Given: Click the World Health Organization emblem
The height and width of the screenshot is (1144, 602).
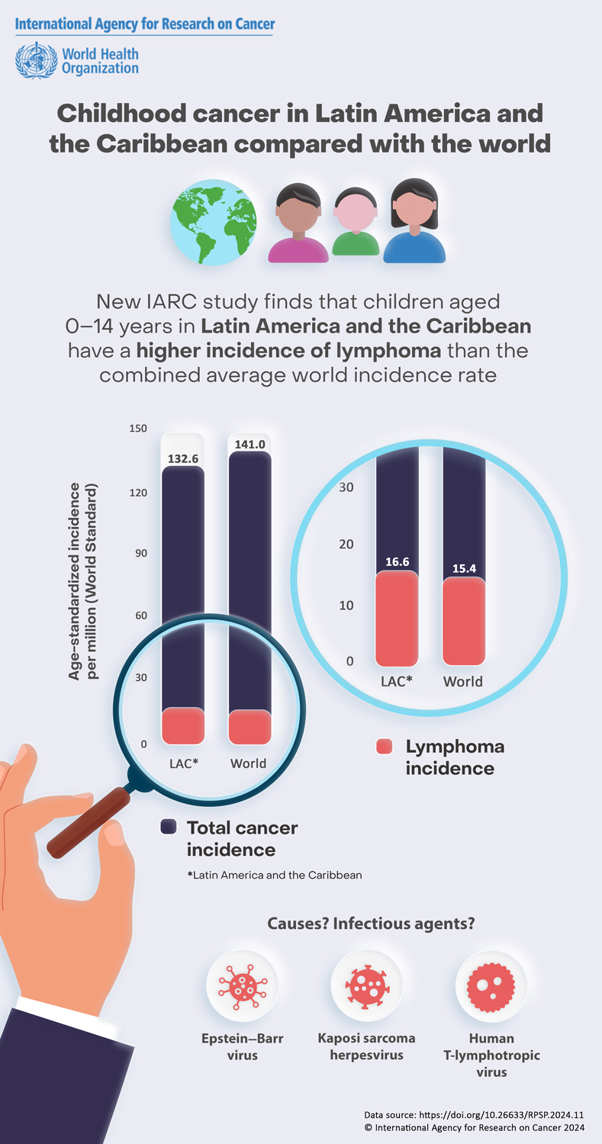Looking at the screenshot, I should (37, 60).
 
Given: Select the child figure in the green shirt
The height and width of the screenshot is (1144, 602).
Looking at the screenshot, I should (356, 222).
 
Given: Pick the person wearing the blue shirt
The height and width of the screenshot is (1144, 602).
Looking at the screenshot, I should (414, 221).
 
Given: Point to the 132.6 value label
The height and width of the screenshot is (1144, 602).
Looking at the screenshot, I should (182, 458).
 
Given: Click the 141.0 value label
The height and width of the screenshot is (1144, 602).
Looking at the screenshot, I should (250, 443).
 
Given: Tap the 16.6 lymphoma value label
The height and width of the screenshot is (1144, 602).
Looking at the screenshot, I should (397, 562).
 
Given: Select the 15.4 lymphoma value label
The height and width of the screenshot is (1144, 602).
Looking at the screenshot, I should (464, 568).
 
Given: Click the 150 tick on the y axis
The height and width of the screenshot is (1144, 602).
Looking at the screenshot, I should (137, 429).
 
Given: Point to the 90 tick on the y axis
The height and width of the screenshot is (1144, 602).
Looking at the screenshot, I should (140, 553).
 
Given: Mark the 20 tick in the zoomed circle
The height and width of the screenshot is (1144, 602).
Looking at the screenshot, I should (346, 545).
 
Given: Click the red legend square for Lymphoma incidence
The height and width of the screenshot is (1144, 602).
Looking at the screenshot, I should (385, 747).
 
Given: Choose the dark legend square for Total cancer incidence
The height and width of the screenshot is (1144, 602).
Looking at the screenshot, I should (169, 827).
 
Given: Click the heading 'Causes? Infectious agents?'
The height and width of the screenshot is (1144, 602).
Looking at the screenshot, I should (372, 924).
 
